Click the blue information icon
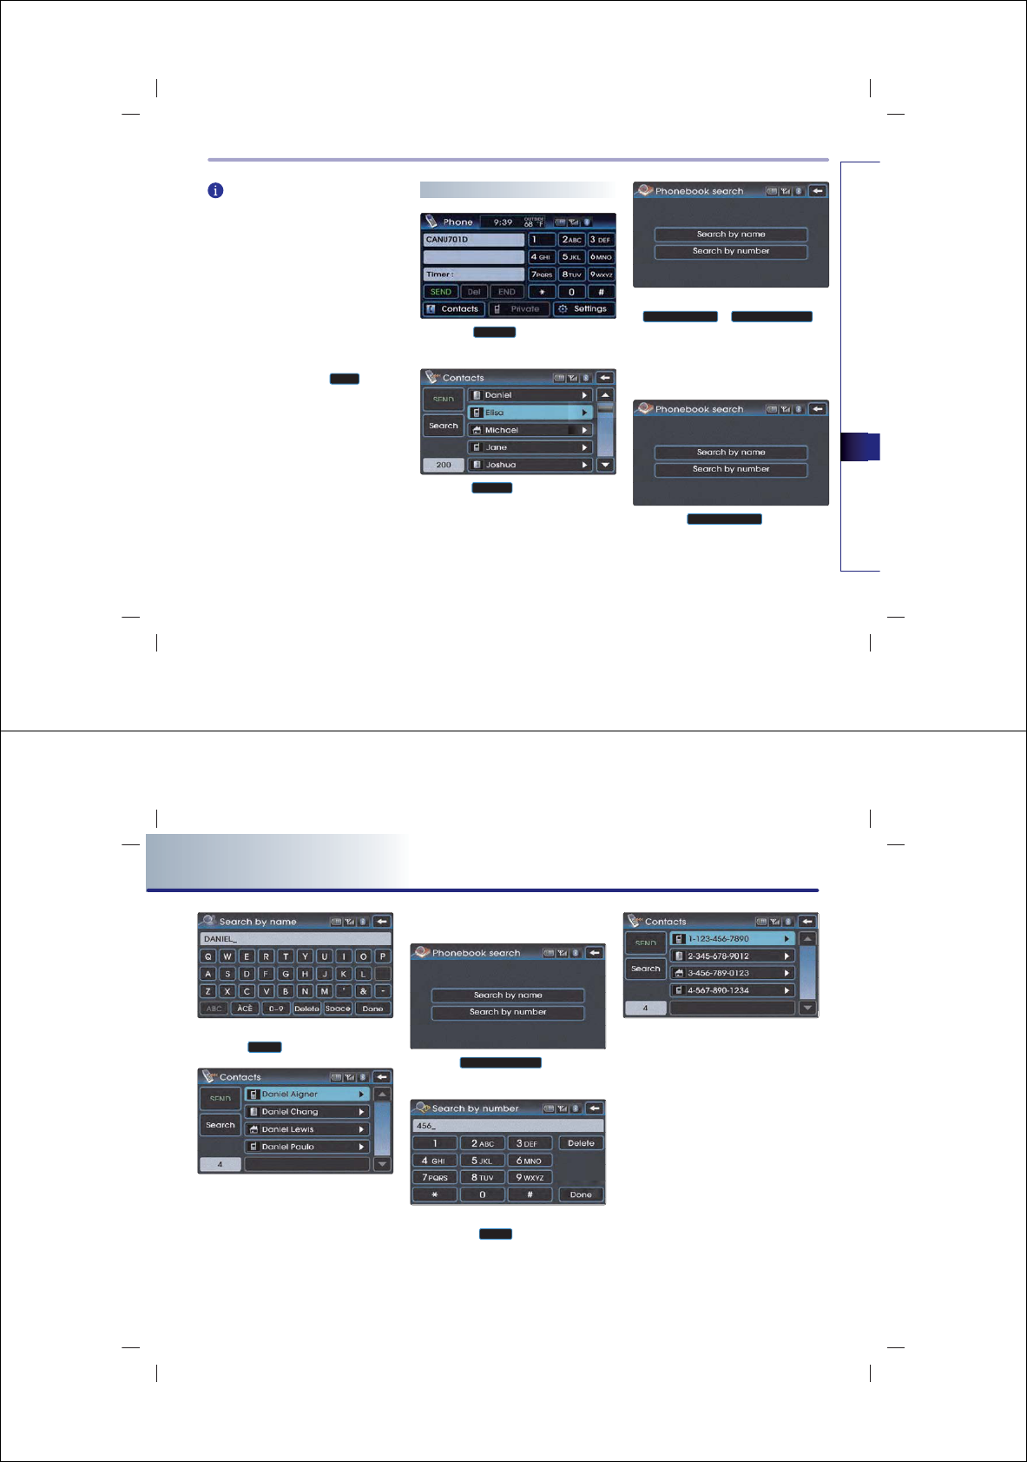pyautogui.click(x=215, y=190)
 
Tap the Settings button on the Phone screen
pyautogui.click(x=583, y=309)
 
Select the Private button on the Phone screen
pyautogui.click(x=518, y=309)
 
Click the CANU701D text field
pyautogui.click(x=474, y=240)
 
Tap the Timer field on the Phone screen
pyautogui.click(x=474, y=275)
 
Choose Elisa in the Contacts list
pyautogui.click(x=530, y=413)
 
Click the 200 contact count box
pyautogui.click(x=444, y=465)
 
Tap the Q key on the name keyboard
pyautogui.click(x=208, y=956)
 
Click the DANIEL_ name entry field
pyautogui.click(x=295, y=939)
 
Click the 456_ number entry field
pyautogui.click(x=508, y=1126)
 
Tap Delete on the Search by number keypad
pyautogui.click(x=581, y=1143)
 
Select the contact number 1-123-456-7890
pyautogui.click(x=732, y=939)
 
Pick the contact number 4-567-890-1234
pyautogui.click(x=732, y=990)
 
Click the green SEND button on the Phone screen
pyautogui.click(x=441, y=292)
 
